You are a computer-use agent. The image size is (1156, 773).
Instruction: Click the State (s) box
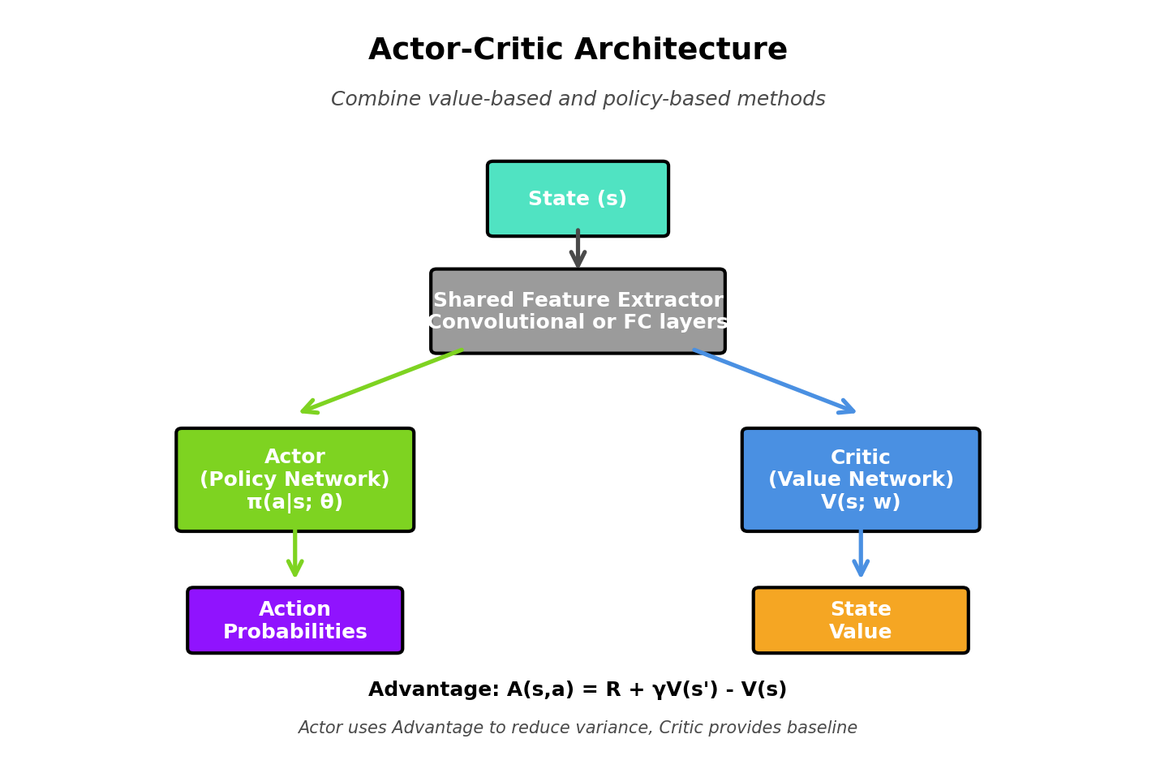click(578, 199)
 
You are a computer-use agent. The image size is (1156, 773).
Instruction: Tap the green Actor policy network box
click(294, 479)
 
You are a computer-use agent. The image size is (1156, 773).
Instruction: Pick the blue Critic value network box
click(860, 479)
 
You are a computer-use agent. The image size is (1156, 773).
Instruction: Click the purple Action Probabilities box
click(294, 621)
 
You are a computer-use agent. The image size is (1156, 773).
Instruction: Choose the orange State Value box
click(860, 621)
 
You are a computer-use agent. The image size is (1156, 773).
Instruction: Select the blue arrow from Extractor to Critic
click(775, 382)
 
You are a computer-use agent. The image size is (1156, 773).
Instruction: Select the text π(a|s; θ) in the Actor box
click(294, 503)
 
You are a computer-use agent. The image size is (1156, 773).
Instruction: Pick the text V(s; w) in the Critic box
click(860, 503)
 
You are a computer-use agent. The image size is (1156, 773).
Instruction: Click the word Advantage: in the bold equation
click(433, 690)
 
